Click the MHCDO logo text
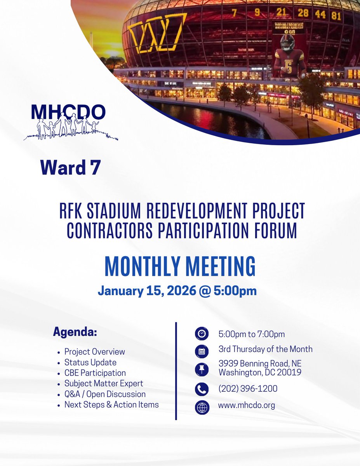click(68, 112)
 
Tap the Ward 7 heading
click(70, 167)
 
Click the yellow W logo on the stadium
click(157, 33)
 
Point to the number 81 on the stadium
click(336, 16)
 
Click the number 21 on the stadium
click(281, 12)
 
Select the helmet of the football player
click(287, 42)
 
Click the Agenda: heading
click(75, 332)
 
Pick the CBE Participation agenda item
click(95, 373)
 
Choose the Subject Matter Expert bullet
click(104, 383)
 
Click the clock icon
click(202, 334)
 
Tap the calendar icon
click(202, 351)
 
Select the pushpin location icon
click(202, 369)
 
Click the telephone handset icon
click(202, 389)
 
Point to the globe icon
click(202, 407)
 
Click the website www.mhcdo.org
click(247, 405)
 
